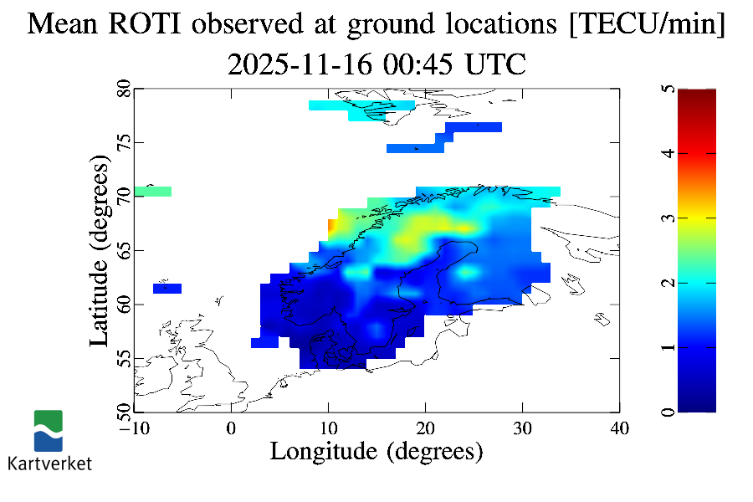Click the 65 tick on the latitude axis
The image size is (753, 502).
tap(123, 250)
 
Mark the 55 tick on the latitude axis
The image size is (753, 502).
tap(123, 358)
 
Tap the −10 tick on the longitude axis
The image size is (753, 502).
tap(133, 428)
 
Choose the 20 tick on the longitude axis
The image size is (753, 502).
tap(425, 428)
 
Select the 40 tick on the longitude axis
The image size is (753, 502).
tap(619, 428)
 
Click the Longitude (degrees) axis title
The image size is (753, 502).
tap(376, 452)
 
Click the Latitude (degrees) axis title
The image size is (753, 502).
tap(100, 251)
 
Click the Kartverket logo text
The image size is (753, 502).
tap(49, 463)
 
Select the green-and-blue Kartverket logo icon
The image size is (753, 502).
tap(48, 430)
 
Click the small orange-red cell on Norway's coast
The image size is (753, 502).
tap(332, 225)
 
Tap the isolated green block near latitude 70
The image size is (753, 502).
tap(152, 192)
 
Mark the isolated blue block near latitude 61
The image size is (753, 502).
tap(167, 289)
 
